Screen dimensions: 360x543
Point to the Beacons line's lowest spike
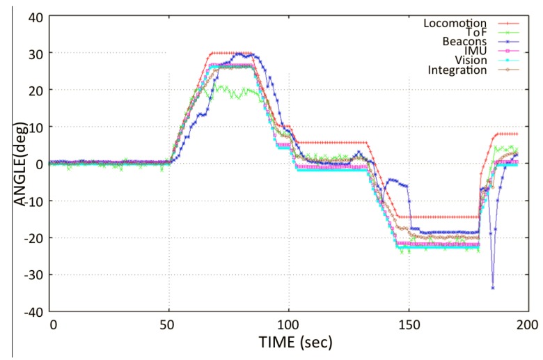coord(493,288)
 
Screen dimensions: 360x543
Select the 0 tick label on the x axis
coord(52,326)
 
